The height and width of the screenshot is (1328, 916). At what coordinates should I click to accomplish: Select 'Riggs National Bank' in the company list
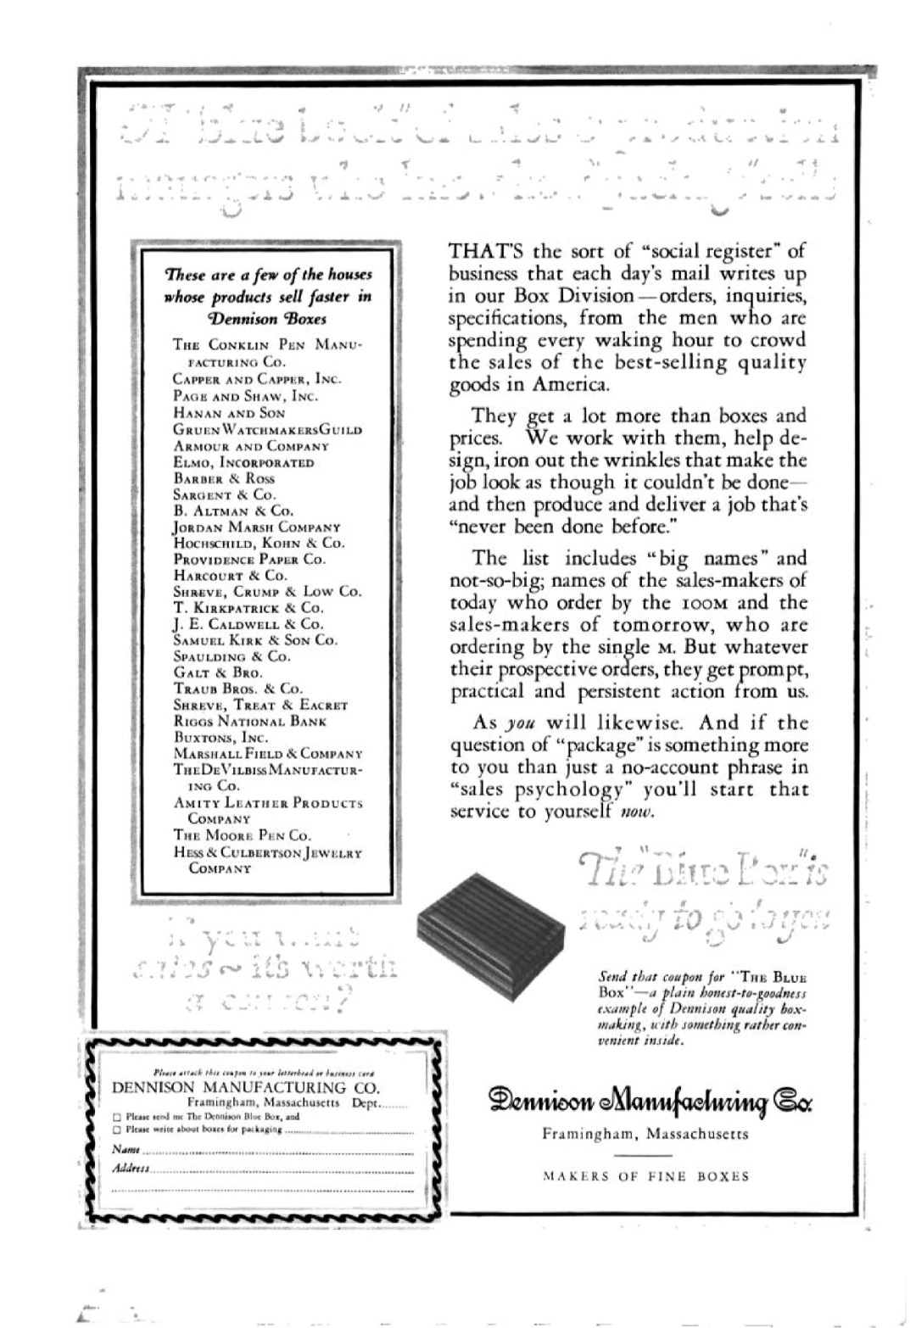click(x=250, y=721)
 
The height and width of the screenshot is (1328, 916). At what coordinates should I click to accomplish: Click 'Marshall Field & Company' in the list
click(x=268, y=753)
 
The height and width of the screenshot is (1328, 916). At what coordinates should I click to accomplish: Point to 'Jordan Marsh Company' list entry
click(x=257, y=527)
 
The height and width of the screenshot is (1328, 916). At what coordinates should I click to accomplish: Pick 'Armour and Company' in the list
click(x=251, y=446)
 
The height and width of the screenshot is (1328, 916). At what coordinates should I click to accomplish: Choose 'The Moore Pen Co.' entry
click(x=243, y=835)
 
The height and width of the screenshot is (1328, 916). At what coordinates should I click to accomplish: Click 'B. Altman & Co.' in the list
click(x=233, y=511)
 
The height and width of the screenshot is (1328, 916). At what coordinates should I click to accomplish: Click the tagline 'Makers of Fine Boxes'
click(x=646, y=1176)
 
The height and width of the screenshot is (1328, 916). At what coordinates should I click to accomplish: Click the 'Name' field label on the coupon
click(x=126, y=1149)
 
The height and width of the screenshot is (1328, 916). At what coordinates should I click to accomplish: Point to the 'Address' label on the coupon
click(x=131, y=1169)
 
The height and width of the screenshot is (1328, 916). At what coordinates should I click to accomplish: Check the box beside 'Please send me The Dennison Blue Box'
click(x=118, y=1117)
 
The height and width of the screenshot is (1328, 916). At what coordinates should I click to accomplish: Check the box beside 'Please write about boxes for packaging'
click(x=118, y=1130)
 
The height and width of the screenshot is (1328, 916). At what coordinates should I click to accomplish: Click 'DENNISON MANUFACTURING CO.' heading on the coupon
click(x=246, y=1087)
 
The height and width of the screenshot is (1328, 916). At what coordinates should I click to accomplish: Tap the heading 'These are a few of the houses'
click(x=268, y=275)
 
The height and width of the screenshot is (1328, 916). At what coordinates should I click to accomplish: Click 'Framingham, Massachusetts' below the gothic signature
click(x=645, y=1134)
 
